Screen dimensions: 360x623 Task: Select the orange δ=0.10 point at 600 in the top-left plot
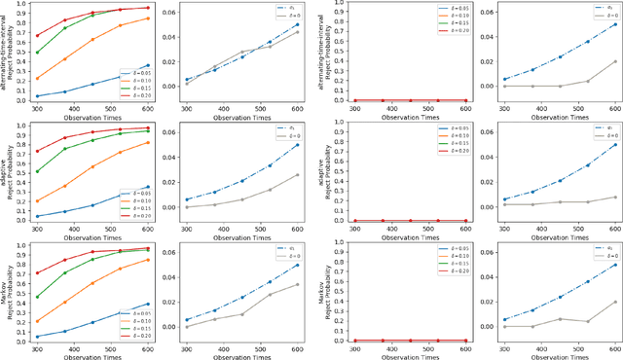coord(148,18)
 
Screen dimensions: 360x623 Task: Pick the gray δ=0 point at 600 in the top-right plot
coord(615,61)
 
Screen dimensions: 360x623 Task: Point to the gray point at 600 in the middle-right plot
coord(615,198)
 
